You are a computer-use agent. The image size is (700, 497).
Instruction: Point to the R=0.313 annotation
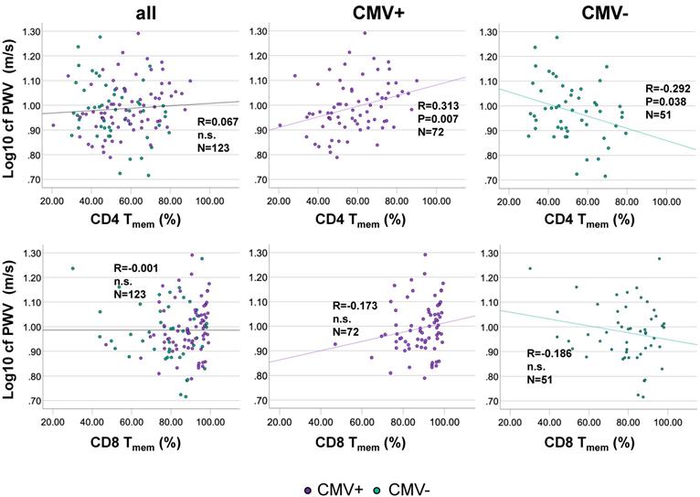click(440, 105)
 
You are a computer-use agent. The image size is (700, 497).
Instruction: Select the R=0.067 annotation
click(218, 122)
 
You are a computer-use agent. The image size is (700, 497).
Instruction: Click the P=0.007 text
click(439, 119)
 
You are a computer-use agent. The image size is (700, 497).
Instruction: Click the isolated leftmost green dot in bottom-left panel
click(73, 268)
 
